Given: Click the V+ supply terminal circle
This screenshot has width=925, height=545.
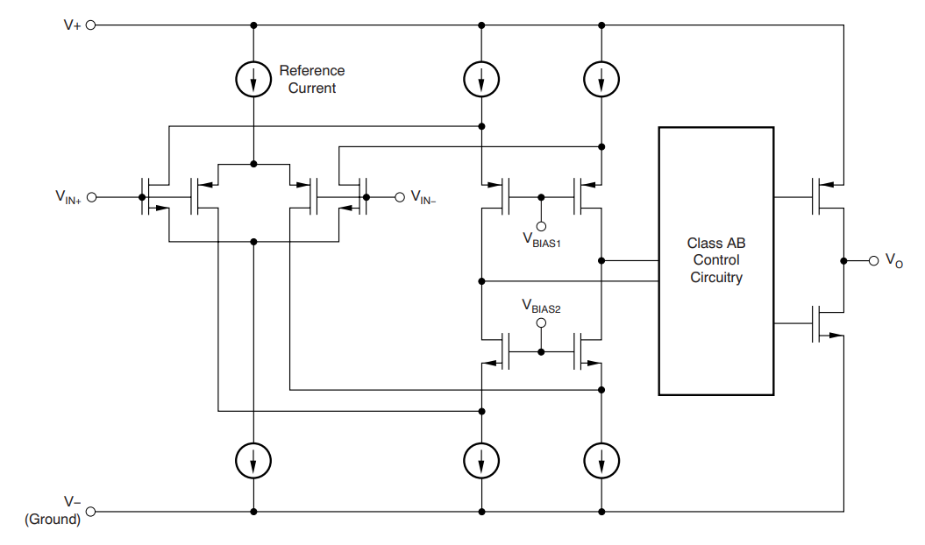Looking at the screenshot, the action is [91, 25].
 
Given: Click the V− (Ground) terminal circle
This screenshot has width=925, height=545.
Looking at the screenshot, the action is [91, 512].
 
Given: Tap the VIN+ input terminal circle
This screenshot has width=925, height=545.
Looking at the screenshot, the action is [91, 197].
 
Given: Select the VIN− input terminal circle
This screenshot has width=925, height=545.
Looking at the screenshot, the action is [400, 197].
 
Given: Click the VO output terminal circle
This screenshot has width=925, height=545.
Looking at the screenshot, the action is [873, 261].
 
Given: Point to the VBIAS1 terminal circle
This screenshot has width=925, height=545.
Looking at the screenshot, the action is [541, 226].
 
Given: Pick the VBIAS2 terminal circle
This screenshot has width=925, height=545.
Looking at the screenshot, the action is [541, 322].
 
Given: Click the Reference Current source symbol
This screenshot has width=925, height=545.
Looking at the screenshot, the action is [253, 79].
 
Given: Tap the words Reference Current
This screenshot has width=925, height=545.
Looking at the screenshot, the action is [311, 79].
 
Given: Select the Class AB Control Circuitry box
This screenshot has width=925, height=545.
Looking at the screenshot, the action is [716, 261].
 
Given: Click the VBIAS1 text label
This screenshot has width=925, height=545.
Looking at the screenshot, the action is [542, 239].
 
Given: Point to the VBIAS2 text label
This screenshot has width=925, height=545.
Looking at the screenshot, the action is [541, 306].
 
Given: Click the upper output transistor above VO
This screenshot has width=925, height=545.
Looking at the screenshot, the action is [827, 196].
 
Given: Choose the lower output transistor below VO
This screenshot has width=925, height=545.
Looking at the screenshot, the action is [827, 323].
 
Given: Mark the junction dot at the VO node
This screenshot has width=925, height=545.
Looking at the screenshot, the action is [843, 261].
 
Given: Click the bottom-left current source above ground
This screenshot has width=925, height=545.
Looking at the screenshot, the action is [253, 460].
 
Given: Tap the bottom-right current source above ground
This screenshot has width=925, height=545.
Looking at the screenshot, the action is [601, 460].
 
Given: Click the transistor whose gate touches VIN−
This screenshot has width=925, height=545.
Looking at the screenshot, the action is [352, 196].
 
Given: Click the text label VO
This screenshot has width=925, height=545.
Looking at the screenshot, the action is [894, 261].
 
